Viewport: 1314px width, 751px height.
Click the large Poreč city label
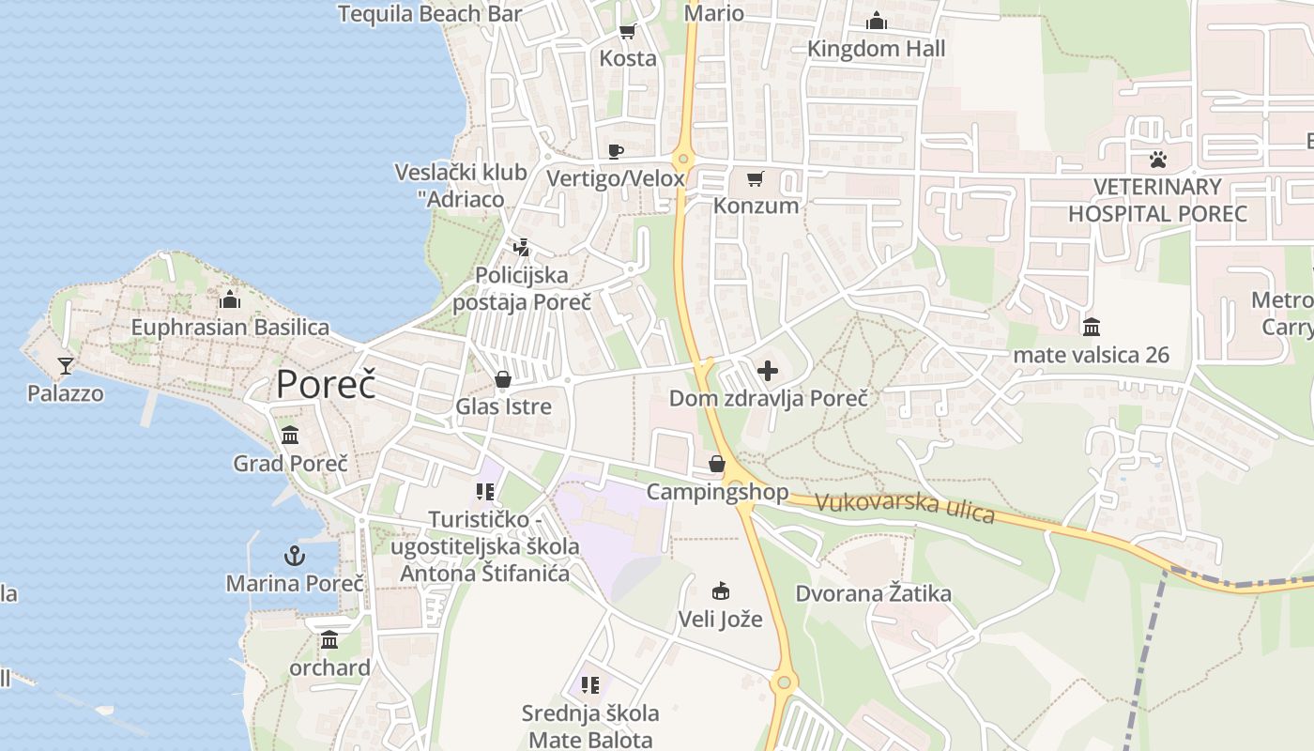click(x=326, y=385)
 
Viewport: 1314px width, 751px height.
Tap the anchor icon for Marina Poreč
click(x=295, y=555)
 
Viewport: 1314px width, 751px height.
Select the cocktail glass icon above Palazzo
click(x=66, y=365)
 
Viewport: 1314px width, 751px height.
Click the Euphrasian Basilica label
click(x=230, y=328)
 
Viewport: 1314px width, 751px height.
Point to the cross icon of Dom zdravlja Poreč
click(x=768, y=371)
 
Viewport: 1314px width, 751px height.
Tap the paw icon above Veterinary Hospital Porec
click(x=1158, y=159)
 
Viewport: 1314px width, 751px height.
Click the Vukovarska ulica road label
click(x=905, y=507)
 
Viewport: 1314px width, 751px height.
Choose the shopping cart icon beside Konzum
click(x=756, y=178)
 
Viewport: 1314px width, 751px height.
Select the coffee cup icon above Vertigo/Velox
click(x=616, y=151)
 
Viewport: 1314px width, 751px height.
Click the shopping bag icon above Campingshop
click(x=717, y=464)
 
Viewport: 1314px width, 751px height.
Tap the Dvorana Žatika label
click(x=873, y=593)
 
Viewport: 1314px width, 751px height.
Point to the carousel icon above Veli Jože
click(x=721, y=591)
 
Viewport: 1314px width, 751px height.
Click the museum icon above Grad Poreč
click(x=290, y=436)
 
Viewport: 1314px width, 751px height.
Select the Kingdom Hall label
click(x=876, y=49)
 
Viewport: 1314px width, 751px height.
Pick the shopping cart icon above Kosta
click(x=628, y=31)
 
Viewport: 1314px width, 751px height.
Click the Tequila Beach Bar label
click(x=429, y=13)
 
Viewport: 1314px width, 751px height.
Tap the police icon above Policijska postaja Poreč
click(x=522, y=248)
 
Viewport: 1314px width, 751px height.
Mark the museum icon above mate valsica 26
click(x=1092, y=328)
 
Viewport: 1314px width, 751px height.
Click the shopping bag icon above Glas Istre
click(x=503, y=379)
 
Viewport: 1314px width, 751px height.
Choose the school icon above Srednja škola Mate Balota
click(x=590, y=685)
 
